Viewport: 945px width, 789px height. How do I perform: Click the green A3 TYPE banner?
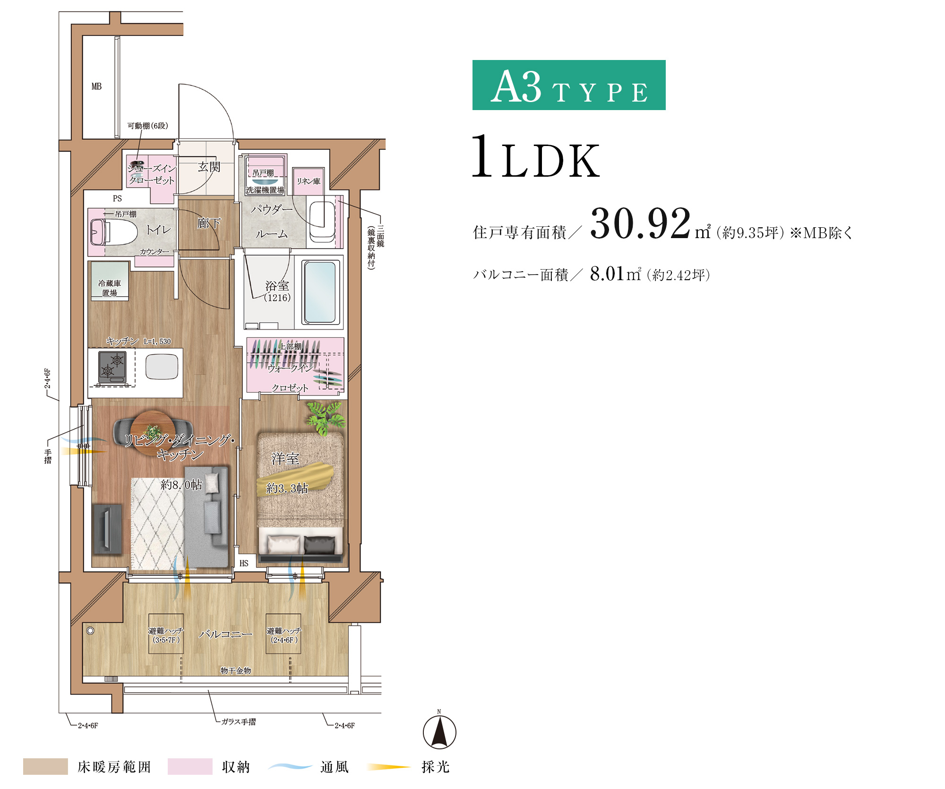(x=569, y=85)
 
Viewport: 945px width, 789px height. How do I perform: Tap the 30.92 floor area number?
(x=640, y=223)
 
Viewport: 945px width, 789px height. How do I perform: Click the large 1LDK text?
(x=536, y=157)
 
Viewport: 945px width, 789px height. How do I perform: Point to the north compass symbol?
(x=439, y=732)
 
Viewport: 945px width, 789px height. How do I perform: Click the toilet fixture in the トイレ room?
(x=113, y=232)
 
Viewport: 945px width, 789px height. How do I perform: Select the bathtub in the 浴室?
(x=320, y=292)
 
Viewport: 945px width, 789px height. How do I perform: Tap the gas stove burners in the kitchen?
(x=112, y=367)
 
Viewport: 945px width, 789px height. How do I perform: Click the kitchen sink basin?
(x=162, y=366)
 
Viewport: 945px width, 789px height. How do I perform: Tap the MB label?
(x=96, y=86)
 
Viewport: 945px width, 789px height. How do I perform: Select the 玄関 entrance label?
(x=209, y=167)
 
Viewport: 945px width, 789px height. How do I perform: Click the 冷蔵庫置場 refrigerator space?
(x=110, y=282)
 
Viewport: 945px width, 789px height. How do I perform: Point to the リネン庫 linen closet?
(x=308, y=181)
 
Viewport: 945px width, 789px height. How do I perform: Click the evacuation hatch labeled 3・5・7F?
(x=166, y=634)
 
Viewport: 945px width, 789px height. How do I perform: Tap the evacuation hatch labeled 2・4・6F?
(x=283, y=634)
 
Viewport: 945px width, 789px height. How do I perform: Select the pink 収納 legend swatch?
(x=190, y=766)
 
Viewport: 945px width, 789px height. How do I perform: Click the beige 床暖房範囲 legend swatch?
(x=45, y=766)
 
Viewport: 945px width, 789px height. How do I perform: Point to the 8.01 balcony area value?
(x=607, y=274)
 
